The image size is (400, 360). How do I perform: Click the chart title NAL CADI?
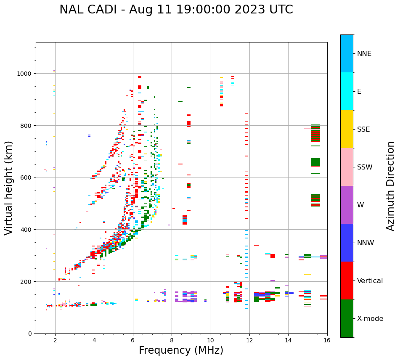pos(176,10)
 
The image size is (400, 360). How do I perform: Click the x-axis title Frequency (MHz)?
pos(181,350)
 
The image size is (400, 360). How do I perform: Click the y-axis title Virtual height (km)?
pos(9,188)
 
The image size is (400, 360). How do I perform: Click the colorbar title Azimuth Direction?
pos(391,186)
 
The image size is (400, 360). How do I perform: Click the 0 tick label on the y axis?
pos(30,334)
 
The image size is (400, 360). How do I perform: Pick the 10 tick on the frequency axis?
pos(210,340)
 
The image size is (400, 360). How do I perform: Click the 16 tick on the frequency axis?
pos(327,340)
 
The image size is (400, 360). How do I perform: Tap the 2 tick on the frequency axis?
pos(55,340)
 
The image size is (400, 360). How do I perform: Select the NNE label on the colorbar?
pos(364,54)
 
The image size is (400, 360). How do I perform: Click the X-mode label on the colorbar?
pos(370,319)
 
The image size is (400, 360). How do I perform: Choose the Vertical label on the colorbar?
pos(370,281)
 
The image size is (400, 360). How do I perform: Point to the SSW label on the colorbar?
pos(365,167)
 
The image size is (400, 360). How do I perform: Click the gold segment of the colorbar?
pos(347,129)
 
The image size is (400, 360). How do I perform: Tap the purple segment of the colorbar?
pos(347,205)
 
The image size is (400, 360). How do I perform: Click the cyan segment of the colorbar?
pos(347,91)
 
